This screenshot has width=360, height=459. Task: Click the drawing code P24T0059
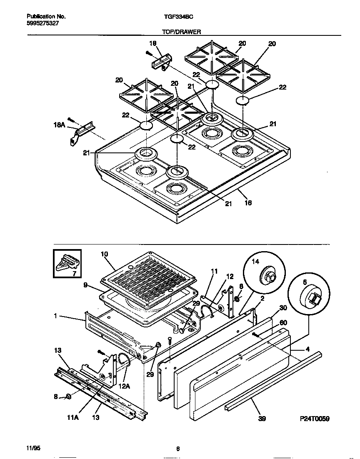pos(314,419)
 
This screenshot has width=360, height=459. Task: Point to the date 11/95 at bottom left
pos(33,448)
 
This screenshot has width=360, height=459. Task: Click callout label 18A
pos(60,124)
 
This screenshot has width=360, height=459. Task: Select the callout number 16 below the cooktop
pos(249,203)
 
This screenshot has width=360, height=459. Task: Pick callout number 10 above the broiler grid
pos(105,254)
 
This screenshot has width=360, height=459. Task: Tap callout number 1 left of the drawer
pos(55,316)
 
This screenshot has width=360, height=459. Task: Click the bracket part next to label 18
pos(161,62)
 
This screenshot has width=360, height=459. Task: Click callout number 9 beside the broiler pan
pos(85,286)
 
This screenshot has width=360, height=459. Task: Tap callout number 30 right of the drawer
pos(283,308)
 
